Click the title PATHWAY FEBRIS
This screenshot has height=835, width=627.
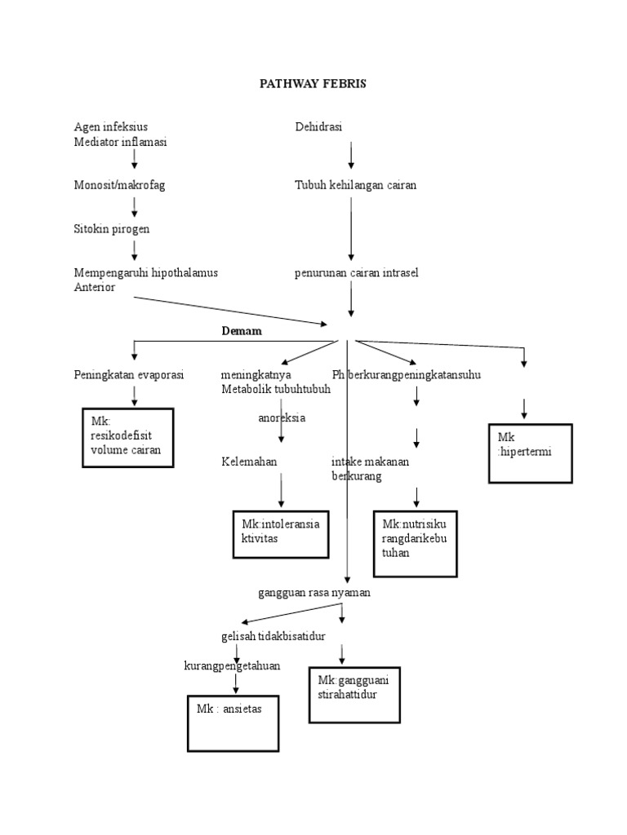click(x=313, y=84)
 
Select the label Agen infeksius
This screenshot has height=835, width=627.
click(x=111, y=126)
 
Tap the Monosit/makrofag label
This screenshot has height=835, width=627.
click(x=119, y=185)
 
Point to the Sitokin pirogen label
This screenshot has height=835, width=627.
click(x=112, y=229)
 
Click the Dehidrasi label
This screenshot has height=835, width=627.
click(x=318, y=126)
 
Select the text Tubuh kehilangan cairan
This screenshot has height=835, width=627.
click(x=355, y=185)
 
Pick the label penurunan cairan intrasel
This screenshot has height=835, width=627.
click(x=356, y=272)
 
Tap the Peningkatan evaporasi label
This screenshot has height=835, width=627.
click(x=129, y=374)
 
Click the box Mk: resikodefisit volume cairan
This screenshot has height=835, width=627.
click(x=127, y=438)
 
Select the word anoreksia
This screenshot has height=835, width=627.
click(x=282, y=417)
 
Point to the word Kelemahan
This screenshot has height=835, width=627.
click(x=249, y=462)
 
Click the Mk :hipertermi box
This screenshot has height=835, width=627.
click(x=530, y=453)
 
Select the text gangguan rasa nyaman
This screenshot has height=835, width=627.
click(x=314, y=593)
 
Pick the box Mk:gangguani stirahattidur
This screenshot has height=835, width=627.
click(x=355, y=693)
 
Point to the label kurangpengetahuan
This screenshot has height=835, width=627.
click(x=232, y=665)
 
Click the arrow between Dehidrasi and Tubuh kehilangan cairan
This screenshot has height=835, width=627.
click(x=351, y=155)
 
